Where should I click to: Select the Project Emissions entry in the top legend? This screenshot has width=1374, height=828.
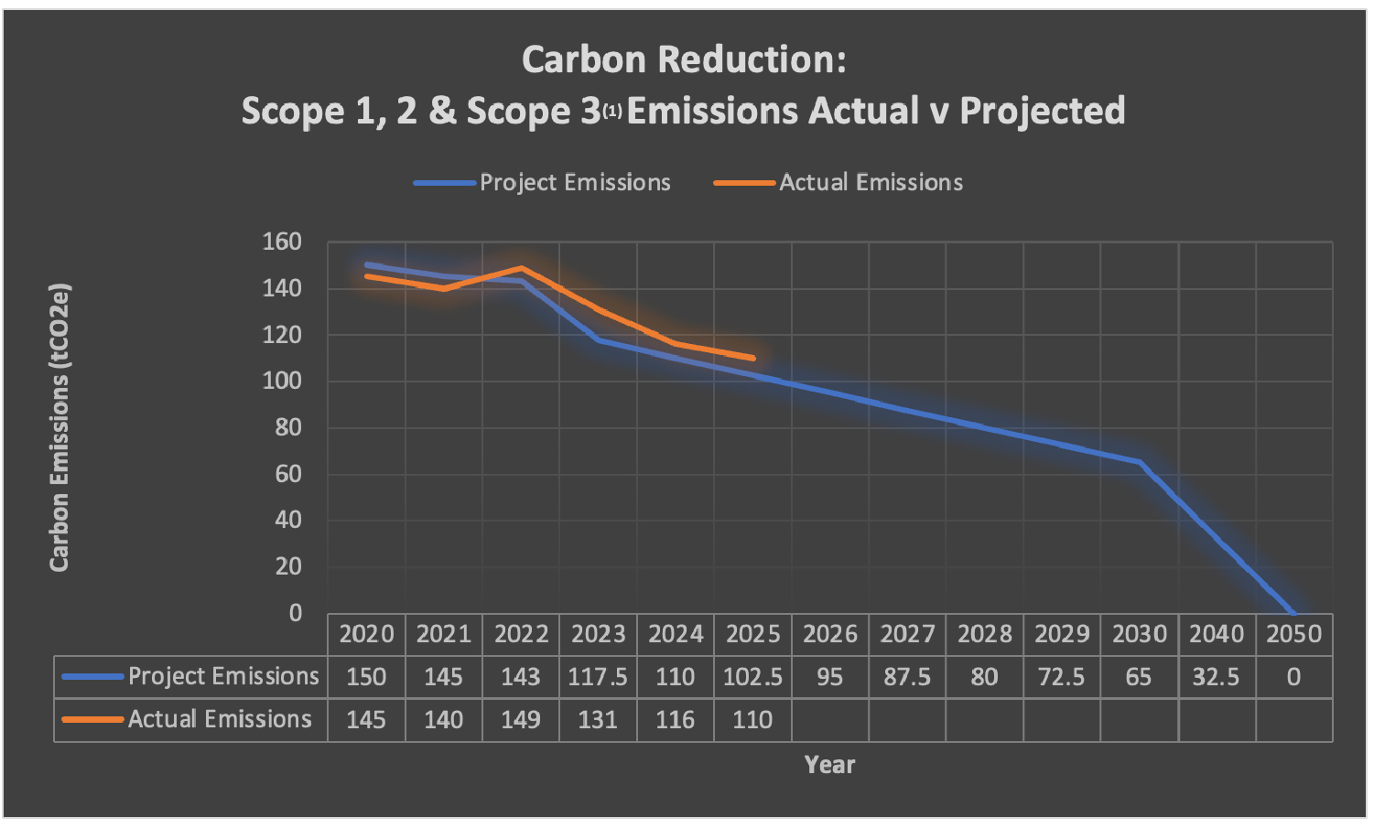574,182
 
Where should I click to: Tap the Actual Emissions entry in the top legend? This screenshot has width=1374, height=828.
870,182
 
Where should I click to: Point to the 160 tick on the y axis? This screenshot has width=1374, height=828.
282,242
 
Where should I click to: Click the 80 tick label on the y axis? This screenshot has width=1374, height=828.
288,427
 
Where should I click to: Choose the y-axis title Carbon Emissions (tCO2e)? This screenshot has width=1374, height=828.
60,427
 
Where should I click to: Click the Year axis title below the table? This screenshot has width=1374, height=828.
829,765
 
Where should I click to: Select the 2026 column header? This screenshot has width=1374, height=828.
829,634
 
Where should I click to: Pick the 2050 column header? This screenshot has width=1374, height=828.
1293,634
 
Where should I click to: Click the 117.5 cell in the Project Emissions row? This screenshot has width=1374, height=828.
598,677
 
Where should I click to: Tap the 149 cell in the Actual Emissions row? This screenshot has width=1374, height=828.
520,720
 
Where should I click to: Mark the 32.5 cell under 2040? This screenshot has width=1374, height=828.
1216,677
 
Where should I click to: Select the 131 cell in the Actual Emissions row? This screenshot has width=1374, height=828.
598,720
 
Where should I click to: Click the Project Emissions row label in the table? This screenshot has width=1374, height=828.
222,677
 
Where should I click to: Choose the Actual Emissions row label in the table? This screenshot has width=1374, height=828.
220,720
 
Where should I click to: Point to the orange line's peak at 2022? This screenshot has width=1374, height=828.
521,268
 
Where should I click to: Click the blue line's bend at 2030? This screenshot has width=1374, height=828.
1139,462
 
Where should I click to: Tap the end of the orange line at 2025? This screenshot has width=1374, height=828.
752,358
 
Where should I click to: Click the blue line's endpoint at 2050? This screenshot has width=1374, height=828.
1293,612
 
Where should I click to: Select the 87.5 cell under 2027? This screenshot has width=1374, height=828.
906,677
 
